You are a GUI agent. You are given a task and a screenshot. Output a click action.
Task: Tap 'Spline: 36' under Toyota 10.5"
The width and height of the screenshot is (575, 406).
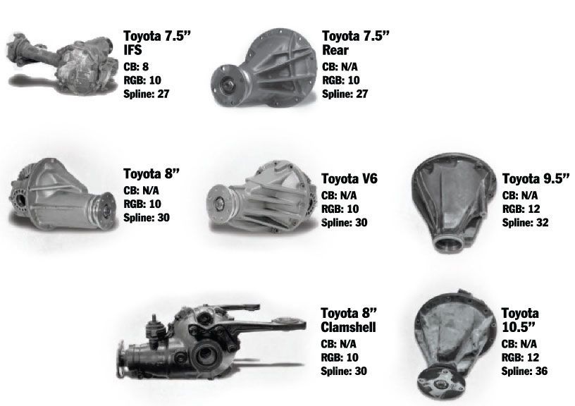point(525,371)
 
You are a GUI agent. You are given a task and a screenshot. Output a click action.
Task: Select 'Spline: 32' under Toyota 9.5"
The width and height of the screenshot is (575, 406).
point(526,223)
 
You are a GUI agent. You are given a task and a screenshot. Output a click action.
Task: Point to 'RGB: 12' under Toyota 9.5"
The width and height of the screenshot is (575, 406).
point(521,209)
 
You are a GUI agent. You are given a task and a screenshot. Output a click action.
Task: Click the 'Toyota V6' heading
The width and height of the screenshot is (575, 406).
point(350,179)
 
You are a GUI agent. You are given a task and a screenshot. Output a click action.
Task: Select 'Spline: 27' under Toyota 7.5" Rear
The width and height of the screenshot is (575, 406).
point(345,93)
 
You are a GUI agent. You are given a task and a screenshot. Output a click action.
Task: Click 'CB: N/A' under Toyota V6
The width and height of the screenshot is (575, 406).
point(338,196)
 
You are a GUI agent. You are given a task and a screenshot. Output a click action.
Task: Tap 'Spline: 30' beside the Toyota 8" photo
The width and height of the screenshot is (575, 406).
point(147,217)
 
